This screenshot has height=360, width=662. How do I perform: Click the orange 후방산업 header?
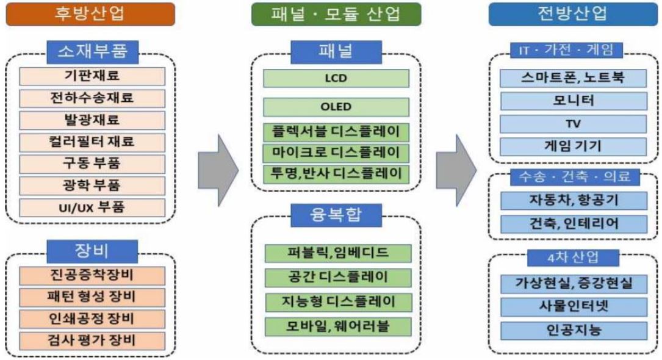[90, 13]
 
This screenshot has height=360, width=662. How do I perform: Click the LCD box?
[336, 79]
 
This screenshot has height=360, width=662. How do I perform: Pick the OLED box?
[336, 107]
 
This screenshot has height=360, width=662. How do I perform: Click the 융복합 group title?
[336, 214]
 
